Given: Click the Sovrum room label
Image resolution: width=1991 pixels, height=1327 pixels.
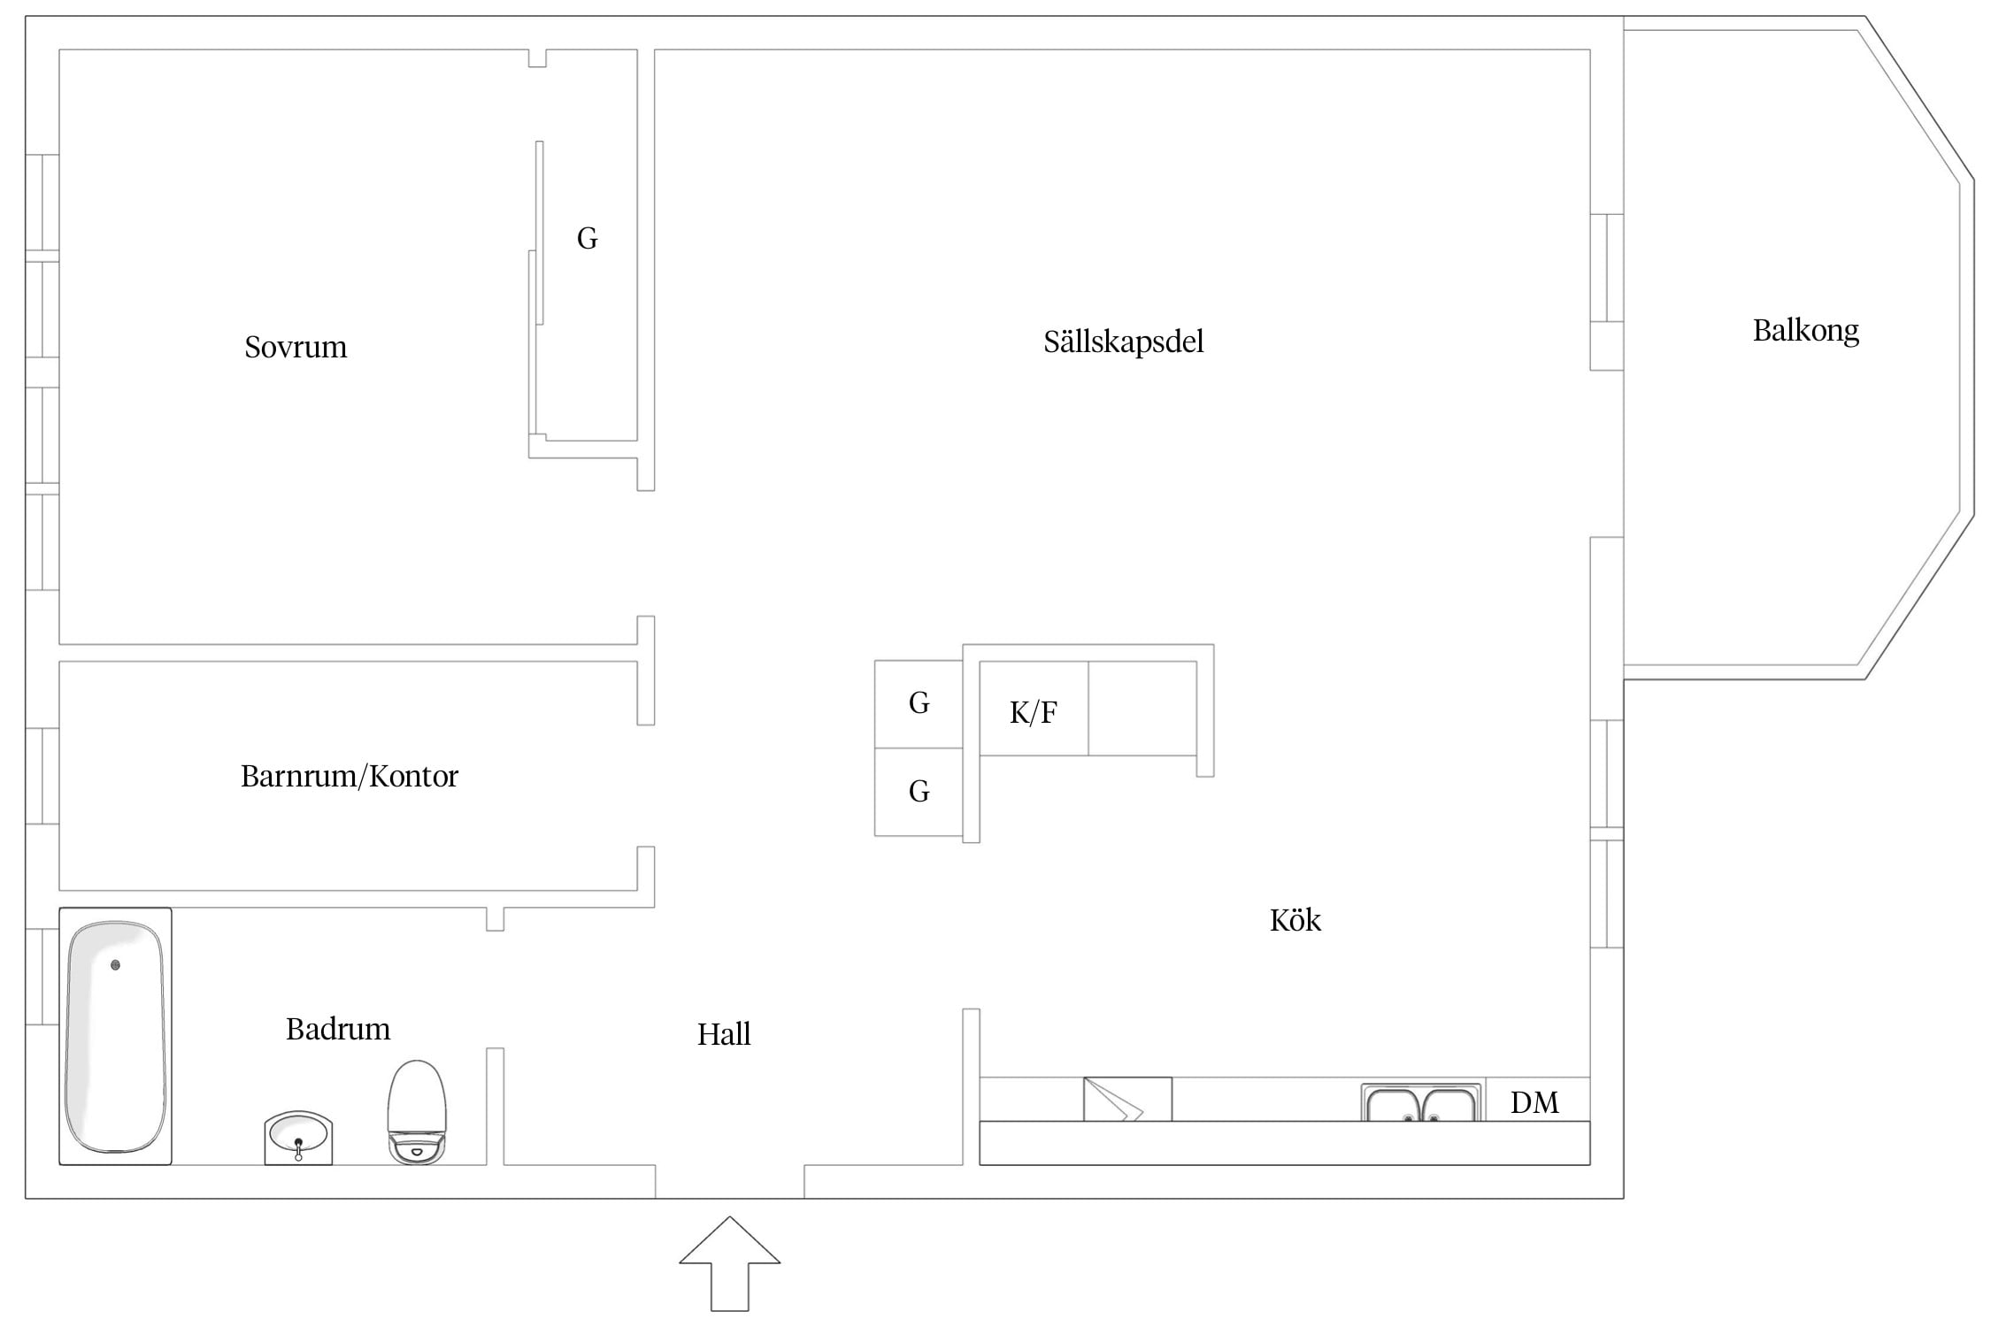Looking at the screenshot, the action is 296,347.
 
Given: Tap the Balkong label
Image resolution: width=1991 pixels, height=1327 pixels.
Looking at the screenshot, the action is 1805,332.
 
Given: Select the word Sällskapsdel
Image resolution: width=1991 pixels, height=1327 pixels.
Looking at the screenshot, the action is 1123,341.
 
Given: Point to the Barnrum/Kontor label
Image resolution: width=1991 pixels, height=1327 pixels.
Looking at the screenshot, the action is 350,777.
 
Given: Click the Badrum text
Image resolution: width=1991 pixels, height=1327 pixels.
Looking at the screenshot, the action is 338,1029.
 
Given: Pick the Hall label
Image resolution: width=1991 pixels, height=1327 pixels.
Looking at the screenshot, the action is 724,1034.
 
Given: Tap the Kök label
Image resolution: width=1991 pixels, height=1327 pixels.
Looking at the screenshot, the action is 1295,920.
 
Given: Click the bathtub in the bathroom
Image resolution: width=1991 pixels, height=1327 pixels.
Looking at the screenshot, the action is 115,1036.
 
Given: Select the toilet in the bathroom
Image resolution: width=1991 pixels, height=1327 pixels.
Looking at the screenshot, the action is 417,1113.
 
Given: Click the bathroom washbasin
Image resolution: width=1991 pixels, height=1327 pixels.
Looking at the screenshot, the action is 298,1138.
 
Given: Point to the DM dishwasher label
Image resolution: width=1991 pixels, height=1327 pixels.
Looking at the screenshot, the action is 1534,1102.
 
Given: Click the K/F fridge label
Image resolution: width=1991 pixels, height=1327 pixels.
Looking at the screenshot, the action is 1034,712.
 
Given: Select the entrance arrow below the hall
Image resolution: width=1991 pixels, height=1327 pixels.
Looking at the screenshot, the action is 730,1263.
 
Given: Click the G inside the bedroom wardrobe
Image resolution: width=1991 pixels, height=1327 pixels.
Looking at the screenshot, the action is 587,238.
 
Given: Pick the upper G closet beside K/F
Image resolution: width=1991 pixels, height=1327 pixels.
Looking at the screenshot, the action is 919,703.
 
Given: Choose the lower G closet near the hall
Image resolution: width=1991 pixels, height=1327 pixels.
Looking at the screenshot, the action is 919,792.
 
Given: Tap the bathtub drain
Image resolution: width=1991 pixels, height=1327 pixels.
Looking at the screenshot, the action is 115,965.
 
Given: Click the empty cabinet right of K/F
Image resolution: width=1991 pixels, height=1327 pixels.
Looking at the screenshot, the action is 1142,708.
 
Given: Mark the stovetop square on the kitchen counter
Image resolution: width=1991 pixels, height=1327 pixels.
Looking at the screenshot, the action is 1127,1099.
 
